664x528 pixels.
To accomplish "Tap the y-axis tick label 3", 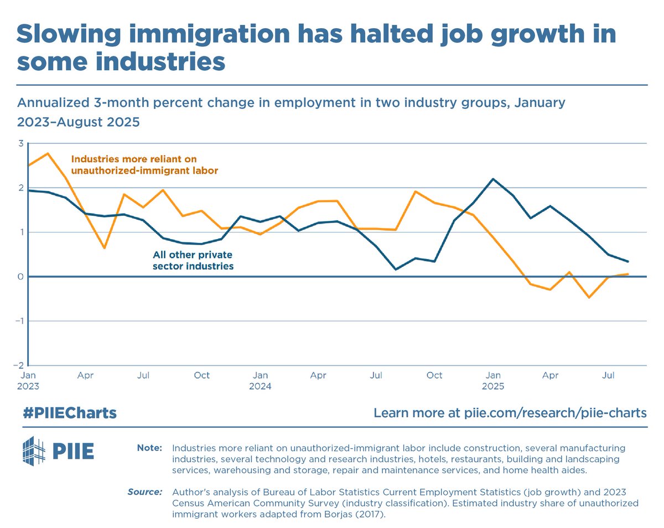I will pyautogui.click(x=20, y=143).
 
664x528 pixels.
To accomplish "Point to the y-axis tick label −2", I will pyautogui.click(x=18, y=365).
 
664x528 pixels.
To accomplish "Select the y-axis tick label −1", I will pyautogui.click(x=18, y=321).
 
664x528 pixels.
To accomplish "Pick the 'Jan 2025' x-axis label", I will pyautogui.click(x=493, y=381).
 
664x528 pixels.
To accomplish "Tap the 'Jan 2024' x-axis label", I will pyautogui.click(x=260, y=381).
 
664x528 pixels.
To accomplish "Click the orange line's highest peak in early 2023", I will pyautogui.click(x=48, y=153).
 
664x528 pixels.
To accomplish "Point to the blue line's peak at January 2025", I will pyautogui.click(x=492, y=179).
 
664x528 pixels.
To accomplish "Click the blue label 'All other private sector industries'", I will pyautogui.click(x=193, y=261).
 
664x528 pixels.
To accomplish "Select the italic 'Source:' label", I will pyautogui.click(x=144, y=491).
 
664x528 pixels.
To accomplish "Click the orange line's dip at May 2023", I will pyautogui.click(x=104, y=248).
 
